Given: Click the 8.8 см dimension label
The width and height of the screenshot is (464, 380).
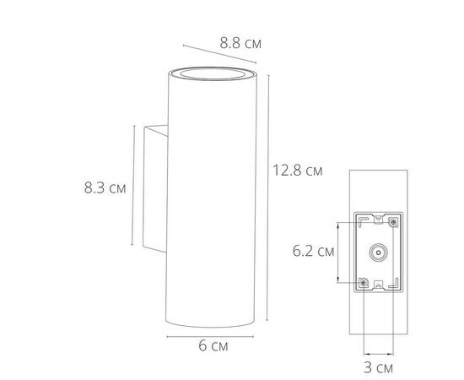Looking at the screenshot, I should [x=240, y=41].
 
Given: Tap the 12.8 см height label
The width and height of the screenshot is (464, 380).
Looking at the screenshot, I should [x=298, y=170].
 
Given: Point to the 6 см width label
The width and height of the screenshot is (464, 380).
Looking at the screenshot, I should [x=212, y=346].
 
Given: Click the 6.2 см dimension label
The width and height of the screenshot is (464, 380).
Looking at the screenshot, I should [x=313, y=251].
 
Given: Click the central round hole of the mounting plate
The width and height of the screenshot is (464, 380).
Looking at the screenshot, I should [x=377, y=252].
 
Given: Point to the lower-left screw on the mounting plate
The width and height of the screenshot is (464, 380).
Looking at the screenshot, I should [x=364, y=281].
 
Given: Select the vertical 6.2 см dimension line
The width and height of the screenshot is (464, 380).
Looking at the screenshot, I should [x=339, y=251].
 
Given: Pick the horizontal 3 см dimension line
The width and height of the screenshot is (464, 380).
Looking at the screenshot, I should [x=378, y=354].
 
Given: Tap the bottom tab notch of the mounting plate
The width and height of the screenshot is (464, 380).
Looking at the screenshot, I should [x=377, y=285].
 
